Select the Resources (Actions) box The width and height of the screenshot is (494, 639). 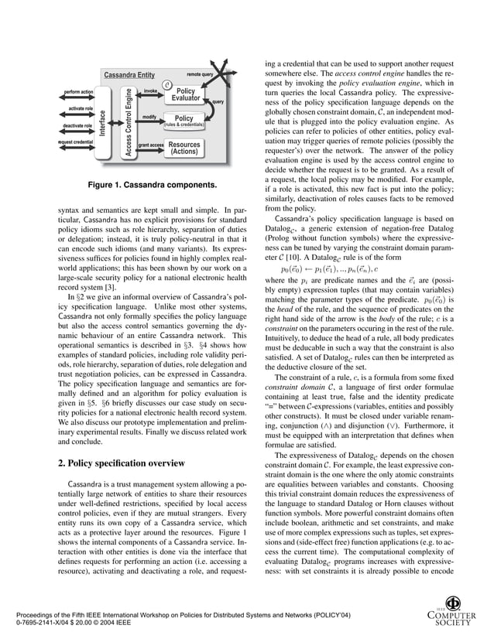click(184, 148)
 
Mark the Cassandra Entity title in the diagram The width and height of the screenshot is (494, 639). click(129, 75)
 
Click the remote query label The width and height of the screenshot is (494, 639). click(200, 74)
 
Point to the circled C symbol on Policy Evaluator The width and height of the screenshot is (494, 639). click(166, 84)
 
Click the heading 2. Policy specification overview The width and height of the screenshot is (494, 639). click(122, 463)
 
